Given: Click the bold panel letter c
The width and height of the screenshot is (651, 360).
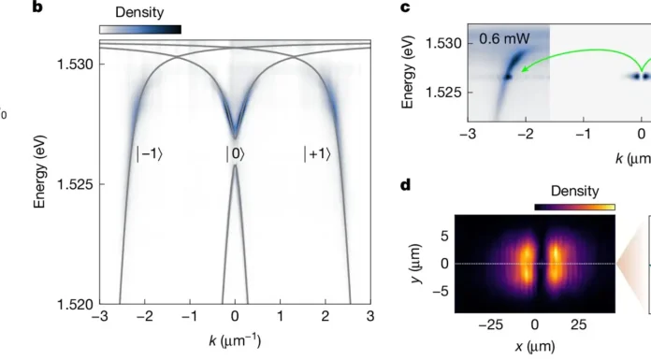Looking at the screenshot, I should click(x=406, y=8).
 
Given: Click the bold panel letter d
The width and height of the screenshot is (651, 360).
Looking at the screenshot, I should click(x=406, y=185).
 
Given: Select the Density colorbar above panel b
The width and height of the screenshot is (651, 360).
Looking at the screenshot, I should click(x=139, y=29).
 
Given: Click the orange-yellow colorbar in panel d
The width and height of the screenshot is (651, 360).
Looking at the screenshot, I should click(x=574, y=206).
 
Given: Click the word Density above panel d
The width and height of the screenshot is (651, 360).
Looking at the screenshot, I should click(x=574, y=191).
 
